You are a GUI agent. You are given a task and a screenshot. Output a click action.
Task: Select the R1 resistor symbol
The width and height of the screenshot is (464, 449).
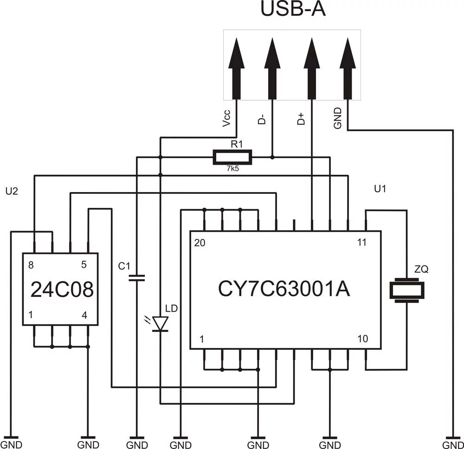232,157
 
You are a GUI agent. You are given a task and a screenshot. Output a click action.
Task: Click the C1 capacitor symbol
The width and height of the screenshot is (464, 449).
136,278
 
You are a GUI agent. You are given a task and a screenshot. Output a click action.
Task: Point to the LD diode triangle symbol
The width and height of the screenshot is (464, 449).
161,323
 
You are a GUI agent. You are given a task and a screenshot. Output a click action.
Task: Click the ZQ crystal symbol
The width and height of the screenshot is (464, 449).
406,291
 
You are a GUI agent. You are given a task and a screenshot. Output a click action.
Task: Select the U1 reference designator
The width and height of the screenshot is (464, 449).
380,189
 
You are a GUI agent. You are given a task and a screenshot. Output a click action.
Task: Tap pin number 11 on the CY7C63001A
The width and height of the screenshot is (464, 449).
362,243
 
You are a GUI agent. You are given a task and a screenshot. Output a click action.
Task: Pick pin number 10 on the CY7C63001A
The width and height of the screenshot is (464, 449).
362,339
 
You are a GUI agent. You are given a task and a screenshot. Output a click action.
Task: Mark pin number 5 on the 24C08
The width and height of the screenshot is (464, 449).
84,265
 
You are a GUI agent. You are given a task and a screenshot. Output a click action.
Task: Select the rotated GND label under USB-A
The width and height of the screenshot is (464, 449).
338,118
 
